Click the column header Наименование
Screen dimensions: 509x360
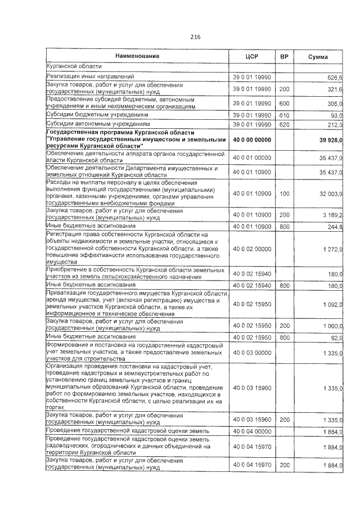click(x=137, y=56)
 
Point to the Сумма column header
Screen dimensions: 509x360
click(x=319, y=57)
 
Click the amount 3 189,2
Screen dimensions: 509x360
click(x=332, y=215)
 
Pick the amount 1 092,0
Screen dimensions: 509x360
click(x=332, y=304)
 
